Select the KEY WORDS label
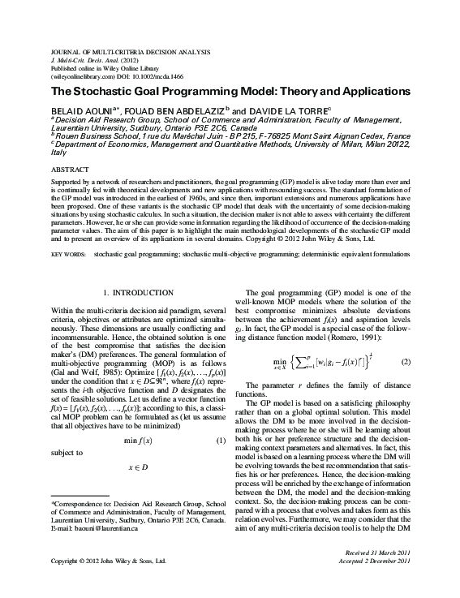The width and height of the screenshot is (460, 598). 67,253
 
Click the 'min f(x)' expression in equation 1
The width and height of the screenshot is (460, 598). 139,440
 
